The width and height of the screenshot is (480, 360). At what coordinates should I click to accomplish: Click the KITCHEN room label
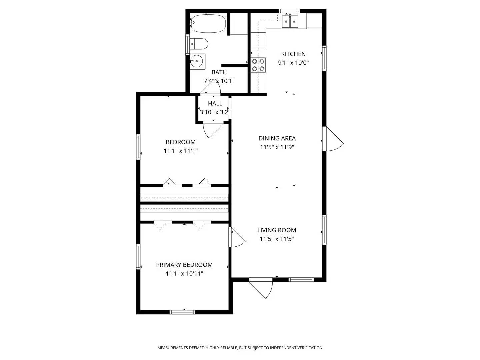coord(293,54)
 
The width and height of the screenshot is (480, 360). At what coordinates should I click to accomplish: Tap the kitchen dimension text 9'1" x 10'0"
coord(293,63)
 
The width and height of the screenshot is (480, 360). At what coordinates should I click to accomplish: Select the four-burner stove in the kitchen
coord(258,65)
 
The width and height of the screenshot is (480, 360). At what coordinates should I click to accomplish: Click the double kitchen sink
coord(290,22)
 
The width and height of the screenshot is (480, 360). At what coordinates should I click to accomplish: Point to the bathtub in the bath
coord(208,24)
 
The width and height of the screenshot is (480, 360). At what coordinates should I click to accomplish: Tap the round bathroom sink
coord(197,61)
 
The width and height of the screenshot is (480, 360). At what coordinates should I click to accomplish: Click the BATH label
coord(219,72)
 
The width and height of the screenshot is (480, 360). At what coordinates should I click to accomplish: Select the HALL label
coord(215,104)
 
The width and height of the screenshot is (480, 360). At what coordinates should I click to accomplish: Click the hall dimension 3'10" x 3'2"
coord(215,112)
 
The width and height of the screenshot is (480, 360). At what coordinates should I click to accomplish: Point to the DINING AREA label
coord(277,138)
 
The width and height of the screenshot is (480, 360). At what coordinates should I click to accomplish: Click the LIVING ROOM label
coord(277,230)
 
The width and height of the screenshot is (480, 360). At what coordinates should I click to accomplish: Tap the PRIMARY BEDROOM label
coord(184,265)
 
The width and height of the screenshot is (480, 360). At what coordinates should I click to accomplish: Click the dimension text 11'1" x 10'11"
coord(184,274)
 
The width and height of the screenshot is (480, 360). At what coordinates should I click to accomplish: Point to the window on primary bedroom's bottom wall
coord(182,312)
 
